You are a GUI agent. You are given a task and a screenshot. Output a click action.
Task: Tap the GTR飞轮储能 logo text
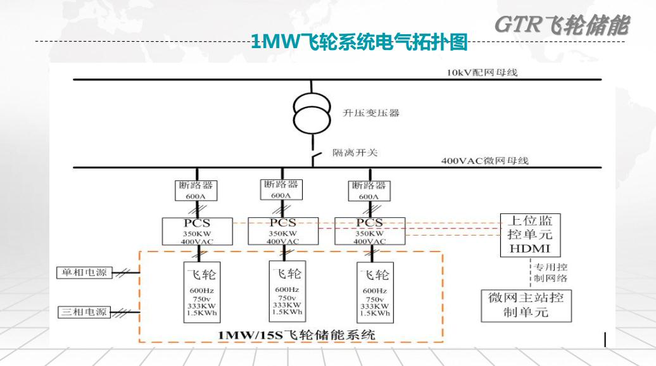pyautogui.click(x=562, y=25)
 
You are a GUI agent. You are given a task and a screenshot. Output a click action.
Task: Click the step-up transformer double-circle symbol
pyautogui.click(x=311, y=112)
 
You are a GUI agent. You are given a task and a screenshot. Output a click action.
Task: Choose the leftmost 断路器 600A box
pyautogui.click(x=196, y=190)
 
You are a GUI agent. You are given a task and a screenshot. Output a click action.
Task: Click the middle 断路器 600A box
pyautogui.click(x=281, y=189)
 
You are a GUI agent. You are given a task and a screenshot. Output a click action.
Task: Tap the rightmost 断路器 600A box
pyautogui.click(x=369, y=190)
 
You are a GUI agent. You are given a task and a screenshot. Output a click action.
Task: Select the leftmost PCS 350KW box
pyautogui.click(x=197, y=232)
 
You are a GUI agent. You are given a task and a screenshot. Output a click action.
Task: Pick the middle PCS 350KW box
pyautogui.click(x=282, y=231)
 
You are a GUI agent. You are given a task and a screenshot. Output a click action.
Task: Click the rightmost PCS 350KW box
pyautogui.click(x=369, y=232)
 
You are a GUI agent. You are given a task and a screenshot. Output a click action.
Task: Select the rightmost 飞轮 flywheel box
pyautogui.click(x=374, y=292)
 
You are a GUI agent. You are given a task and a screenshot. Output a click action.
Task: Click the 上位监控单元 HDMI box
pyautogui.click(x=530, y=234)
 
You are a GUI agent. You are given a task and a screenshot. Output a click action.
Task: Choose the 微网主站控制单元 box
pyautogui.click(x=526, y=305)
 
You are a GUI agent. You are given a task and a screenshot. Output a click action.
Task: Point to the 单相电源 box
pyautogui.click(x=84, y=273)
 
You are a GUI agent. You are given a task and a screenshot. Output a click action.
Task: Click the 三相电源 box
pyautogui.click(x=84, y=312)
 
